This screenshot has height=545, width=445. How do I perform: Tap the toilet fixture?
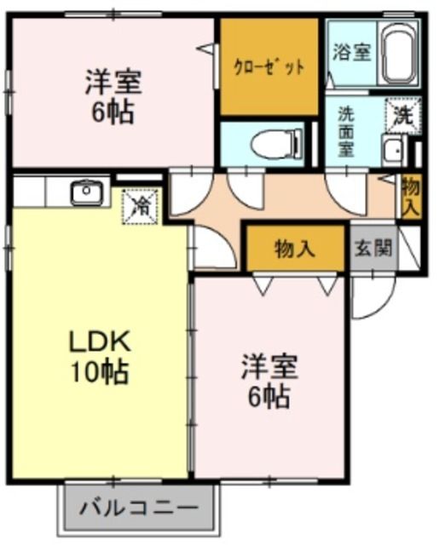coord(276,144)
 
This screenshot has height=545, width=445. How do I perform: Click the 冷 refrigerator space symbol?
coord(140,207)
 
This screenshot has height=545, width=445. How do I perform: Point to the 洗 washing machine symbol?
coord(403,116)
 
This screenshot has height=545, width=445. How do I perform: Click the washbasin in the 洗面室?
coord(394,150)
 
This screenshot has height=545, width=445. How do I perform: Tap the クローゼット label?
coord(269,67)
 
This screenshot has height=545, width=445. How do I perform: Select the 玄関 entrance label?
coord(373,248)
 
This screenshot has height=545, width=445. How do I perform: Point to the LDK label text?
coord(99,342)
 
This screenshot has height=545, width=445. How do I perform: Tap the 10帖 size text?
coord(99,372)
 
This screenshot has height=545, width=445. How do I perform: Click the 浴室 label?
coord(351,53)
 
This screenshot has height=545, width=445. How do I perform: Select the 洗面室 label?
coord(346,131)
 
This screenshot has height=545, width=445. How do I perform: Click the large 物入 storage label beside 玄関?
coord(295,249)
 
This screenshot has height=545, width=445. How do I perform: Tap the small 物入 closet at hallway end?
coord(411,197)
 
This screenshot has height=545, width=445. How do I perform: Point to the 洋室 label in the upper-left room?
coord(113,83)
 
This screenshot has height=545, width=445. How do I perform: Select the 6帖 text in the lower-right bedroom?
coord(269,397)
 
